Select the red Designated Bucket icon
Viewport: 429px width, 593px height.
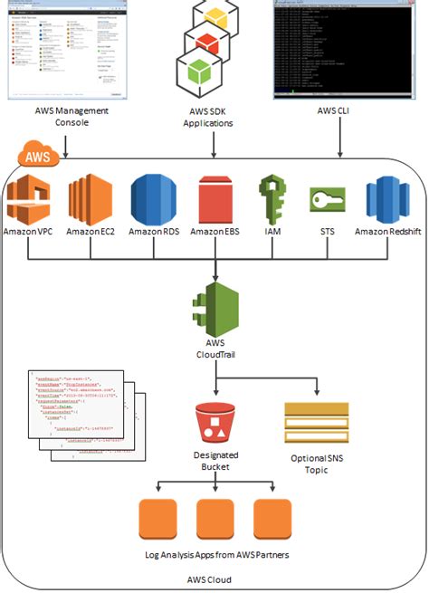214,423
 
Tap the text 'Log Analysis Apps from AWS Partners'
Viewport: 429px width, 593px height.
214,554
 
